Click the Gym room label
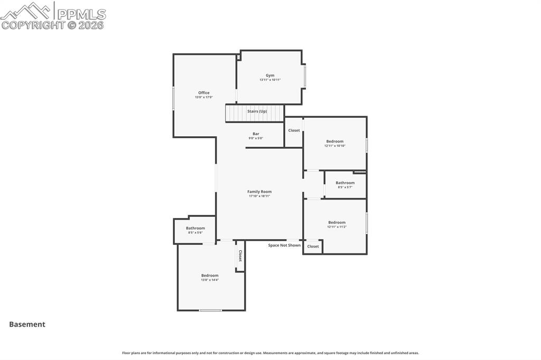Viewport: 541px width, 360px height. coord(270,75)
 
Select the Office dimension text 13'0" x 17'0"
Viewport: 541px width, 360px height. coord(204,97)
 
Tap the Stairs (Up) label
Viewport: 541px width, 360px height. coord(257,111)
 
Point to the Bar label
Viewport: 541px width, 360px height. coord(256,134)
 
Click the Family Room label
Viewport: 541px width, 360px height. coord(259,192)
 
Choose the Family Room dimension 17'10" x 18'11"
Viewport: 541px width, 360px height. coord(259,196)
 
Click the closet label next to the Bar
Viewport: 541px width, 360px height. coord(294,130)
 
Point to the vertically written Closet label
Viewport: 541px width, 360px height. coord(240,256)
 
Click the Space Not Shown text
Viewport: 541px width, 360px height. coord(284,245)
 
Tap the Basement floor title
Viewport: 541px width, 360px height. coord(27,325)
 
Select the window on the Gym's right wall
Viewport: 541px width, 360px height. coord(305,76)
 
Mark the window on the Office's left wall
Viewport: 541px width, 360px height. coord(173,98)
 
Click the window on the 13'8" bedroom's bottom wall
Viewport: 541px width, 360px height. coord(210,310)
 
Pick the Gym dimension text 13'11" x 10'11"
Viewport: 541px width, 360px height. coord(270,80)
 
